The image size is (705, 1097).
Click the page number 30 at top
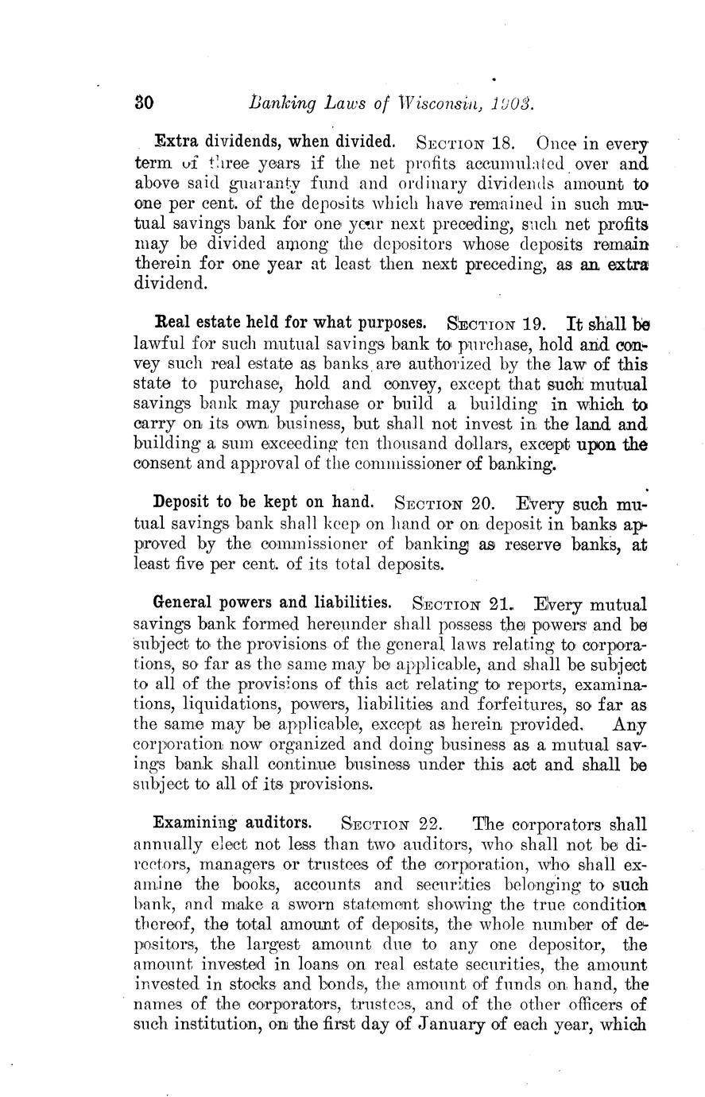point(143,103)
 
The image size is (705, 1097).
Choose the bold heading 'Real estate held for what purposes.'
point(290,324)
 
